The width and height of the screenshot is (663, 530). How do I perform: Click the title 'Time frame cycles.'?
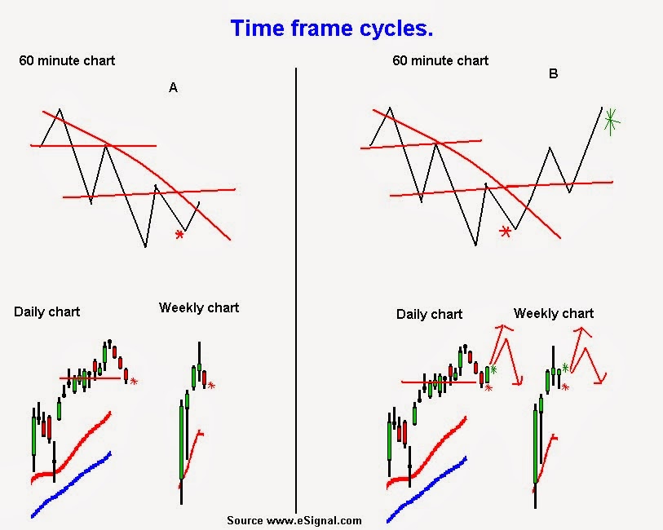(331, 29)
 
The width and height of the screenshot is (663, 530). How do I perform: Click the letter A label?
(173, 88)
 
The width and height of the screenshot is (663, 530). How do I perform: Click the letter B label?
(554, 74)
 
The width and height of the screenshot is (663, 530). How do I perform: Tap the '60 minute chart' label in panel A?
(68, 60)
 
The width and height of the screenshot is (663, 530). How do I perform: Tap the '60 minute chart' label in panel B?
(440, 60)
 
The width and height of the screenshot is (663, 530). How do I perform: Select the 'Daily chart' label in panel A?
(46, 311)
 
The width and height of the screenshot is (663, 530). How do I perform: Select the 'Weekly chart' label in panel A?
(199, 307)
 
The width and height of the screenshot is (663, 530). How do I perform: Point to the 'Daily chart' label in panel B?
(429, 314)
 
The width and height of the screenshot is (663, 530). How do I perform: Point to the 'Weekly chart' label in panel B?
(554, 313)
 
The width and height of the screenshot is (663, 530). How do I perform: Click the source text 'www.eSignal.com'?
(294, 520)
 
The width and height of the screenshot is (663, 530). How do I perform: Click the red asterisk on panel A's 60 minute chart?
(179, 236)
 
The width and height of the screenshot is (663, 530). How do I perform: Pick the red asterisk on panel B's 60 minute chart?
(506, 232)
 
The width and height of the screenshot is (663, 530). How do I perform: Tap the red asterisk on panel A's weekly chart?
(211, 386)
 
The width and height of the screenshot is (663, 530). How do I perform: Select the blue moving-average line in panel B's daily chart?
(428, 487)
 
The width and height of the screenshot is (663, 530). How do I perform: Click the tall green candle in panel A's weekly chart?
(183, 440)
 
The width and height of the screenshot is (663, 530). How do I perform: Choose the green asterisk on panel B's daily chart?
(493, 369)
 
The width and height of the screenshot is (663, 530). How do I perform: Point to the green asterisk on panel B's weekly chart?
(565, 368)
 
